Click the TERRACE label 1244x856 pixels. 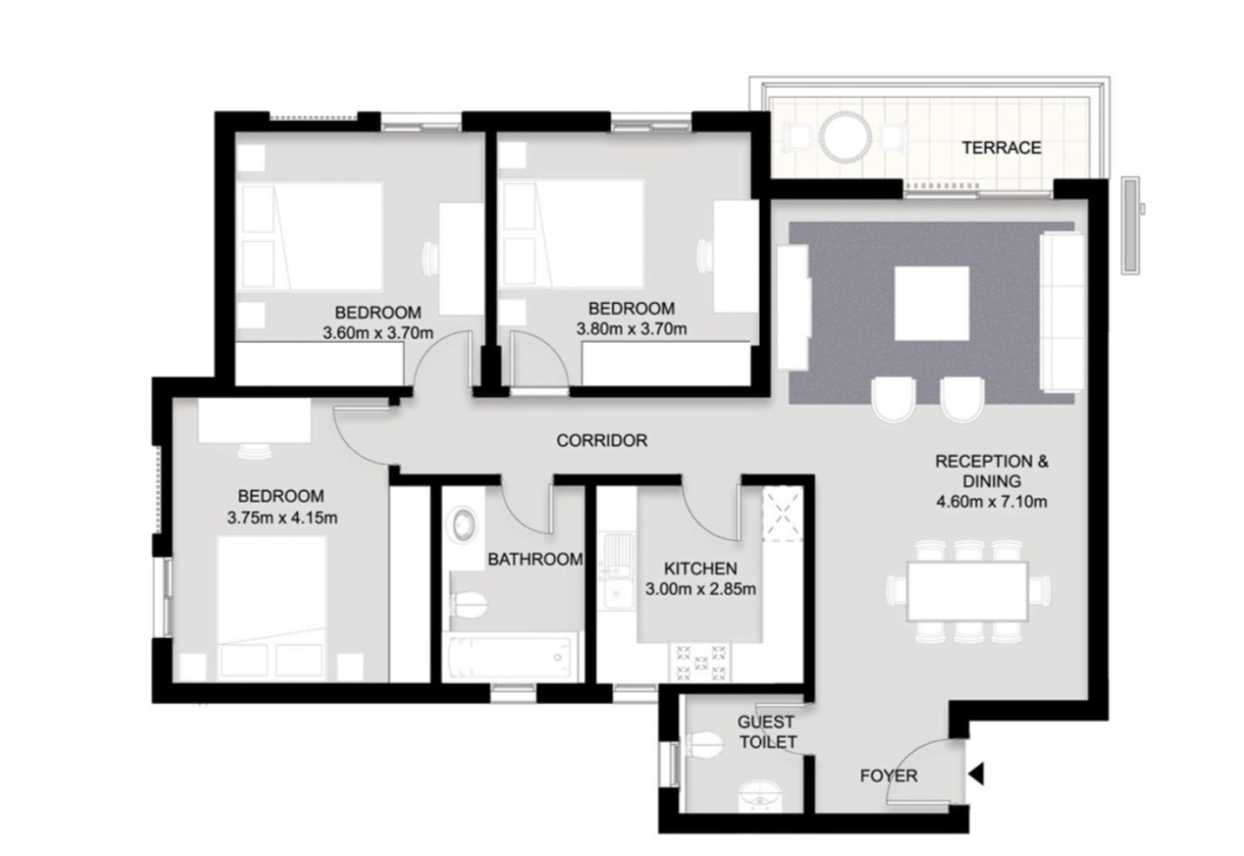click(x=1002, y=147)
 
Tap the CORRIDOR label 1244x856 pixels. click(x=602, y=441)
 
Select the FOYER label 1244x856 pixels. click(x=888, y=776)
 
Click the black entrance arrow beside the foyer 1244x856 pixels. click(x=977, y=774)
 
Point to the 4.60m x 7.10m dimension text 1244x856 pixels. click(x=992, y=502)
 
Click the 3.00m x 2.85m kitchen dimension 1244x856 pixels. click(x=700, y=589)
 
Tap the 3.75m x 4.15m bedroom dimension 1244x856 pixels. click(x=282, y=517)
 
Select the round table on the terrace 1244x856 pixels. click(x=847, y=137)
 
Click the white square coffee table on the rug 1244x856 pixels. click(x=932, y=303)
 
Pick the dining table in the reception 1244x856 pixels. click(x=967, y=592)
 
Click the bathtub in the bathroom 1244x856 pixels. click(x=510, y=658)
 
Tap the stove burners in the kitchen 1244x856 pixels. click(x=700, y=662)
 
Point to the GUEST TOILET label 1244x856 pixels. click(x=767, y=732)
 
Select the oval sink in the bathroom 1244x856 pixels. click(x=464, y=524)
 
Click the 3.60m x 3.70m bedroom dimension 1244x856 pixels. click(x=378, y=332)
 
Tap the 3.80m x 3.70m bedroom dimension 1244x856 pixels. click(x=632, y=328)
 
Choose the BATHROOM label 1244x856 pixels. click(x=536, y=560)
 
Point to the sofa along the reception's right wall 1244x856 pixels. click(x=1062, y=313)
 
